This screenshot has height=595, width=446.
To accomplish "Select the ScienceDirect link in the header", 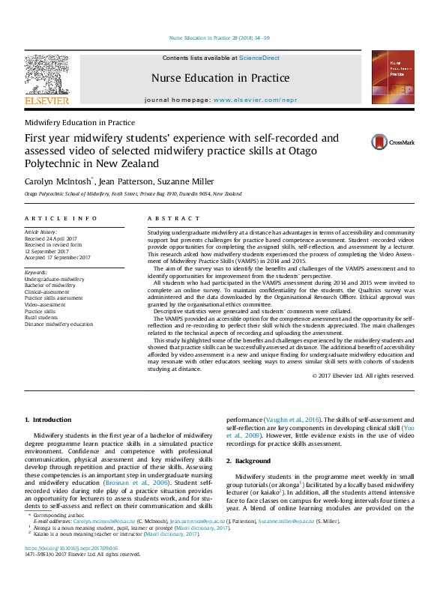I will coord(259,58).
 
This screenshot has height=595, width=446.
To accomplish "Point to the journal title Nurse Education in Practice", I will coord(220,78).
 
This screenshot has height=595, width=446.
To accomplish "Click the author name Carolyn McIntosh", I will coord(56,181).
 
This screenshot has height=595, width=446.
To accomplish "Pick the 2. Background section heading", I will coord(253,461).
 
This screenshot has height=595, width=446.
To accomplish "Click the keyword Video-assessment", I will coord(46,305).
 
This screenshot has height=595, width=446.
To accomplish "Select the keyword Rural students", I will coord(41,318).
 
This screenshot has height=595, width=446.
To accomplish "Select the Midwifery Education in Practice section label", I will coord(79,122).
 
